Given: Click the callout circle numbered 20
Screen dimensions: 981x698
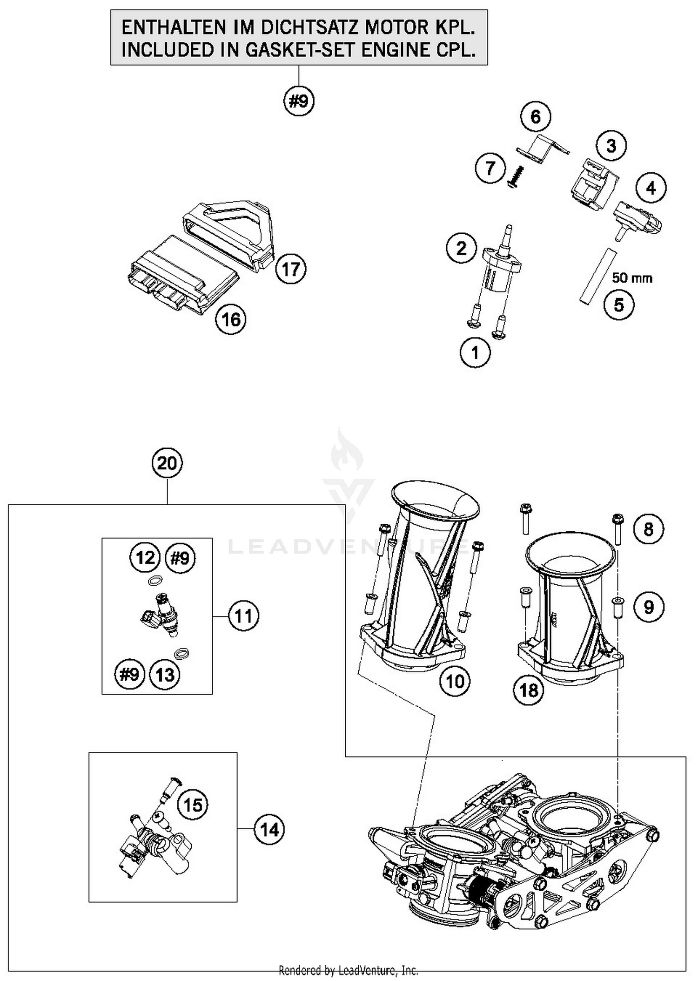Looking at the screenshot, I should tap(167, 463).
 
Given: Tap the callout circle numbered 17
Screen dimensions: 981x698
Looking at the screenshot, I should tap(291, 269).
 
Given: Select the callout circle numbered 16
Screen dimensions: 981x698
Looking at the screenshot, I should tap(231, 319).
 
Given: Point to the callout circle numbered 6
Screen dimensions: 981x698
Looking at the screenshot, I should tap(536, 116).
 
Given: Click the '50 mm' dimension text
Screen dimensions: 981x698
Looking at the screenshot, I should tap(632, 278).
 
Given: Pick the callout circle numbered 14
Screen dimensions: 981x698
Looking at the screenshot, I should tap(269, 830).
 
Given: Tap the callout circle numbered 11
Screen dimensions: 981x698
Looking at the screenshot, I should tap(243, 616).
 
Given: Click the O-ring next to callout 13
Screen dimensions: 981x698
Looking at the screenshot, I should tap(181, 654).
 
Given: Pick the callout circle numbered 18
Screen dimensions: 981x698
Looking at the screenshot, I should tap(529, 690).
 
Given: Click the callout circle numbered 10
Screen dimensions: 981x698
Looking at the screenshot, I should tap(455, 682).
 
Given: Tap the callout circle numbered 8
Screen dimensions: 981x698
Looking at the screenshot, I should tap(648, 529).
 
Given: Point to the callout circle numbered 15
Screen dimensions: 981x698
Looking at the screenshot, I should tap(193, 805).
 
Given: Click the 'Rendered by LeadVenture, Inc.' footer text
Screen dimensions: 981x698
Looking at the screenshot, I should tap(348, 970).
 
